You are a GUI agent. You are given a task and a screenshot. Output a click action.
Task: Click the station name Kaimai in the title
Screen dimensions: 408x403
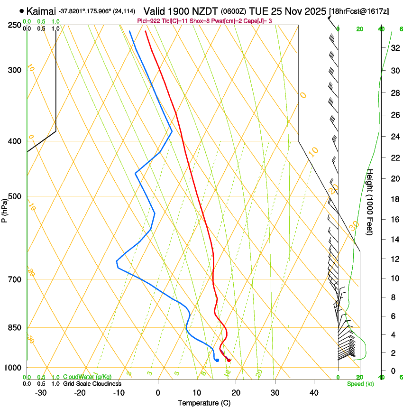click(42, 10)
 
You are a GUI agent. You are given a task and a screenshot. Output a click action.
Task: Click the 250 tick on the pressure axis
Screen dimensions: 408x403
click(14, 25)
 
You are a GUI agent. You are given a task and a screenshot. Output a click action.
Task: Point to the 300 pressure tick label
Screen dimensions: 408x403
click(14, 70)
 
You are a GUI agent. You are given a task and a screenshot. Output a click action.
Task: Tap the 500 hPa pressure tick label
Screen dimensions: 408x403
click(14, 196)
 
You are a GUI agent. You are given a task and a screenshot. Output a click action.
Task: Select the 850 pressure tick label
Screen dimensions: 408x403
click(14, 328)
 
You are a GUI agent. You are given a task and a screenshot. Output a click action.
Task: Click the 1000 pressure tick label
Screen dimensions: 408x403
click(13, 368)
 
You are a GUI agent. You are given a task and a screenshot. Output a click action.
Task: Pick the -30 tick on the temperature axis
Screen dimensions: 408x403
click(41, 392)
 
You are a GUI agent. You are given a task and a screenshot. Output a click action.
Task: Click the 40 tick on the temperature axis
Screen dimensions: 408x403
click(313, 392)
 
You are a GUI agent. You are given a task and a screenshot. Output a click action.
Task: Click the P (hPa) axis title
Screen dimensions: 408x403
click(4, 209)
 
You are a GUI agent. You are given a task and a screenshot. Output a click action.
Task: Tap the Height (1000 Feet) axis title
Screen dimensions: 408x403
click(370, 202)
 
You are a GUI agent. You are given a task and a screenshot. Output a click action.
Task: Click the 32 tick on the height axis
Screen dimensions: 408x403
click(394, 47)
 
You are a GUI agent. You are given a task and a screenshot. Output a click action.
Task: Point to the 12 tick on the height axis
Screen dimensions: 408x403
click(394, 259)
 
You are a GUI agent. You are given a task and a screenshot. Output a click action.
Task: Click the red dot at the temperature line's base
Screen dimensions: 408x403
click(229, 361)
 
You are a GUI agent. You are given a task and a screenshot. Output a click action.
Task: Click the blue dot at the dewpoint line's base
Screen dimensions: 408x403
click(217, 360)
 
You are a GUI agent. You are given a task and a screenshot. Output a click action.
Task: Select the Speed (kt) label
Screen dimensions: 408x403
click(360, 384)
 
